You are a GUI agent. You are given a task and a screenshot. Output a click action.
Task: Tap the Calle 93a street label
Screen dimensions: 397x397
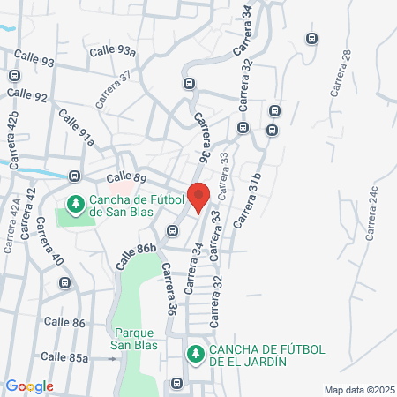click(116, 52)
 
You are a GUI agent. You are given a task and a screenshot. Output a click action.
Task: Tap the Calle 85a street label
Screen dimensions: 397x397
click(65, 357)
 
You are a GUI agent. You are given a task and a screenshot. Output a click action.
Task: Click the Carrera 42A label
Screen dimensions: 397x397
click(13, 226)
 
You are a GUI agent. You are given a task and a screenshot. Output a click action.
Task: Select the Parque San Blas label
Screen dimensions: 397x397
click(135, 340)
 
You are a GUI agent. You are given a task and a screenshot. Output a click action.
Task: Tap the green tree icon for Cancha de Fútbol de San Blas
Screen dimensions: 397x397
click(77, 205)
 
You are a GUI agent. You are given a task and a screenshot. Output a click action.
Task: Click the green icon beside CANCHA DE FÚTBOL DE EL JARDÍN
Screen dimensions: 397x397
click(195, 354)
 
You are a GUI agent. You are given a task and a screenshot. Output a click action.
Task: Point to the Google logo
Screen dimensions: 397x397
click(30, 386)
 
